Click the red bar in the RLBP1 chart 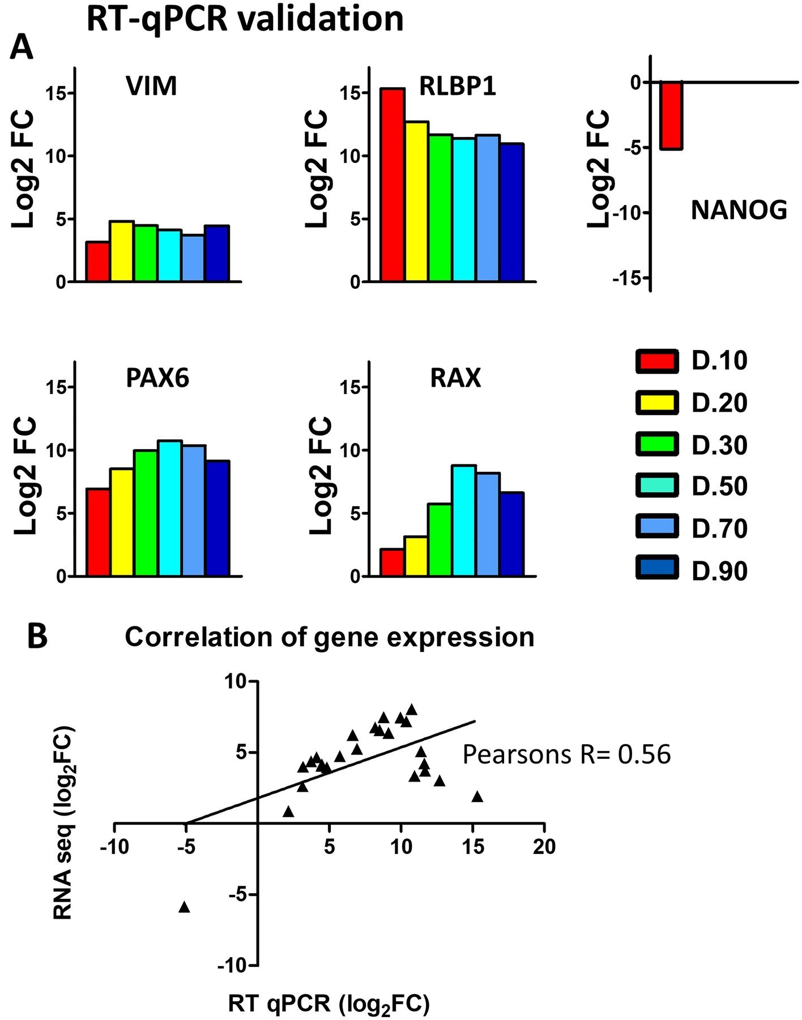coord(392,185)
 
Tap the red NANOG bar coord(671,116)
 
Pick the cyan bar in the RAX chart coord(464,520)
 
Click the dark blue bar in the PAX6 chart coord(217,518)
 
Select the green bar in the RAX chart coord(440,540)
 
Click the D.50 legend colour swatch coord(657,486)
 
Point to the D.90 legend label coord(719,571)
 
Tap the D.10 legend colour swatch coord(657,361)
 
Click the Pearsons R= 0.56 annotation coord(566,755)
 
